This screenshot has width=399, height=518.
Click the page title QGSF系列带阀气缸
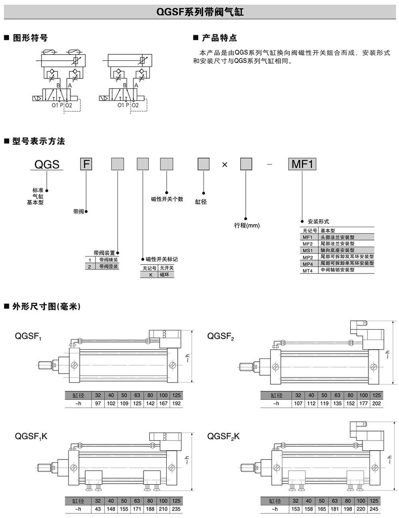pyautogui.click(x=199, y=12)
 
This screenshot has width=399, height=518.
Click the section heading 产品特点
pyautogui.click(x=219, y=38)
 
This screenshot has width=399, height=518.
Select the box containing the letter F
pyautogui.click(x=87, y=164)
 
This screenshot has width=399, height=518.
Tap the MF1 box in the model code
pyautogui.click(x=302, y=164)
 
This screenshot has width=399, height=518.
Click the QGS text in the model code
pyautogui.click(x=47, y=164)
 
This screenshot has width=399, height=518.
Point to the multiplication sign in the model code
pyautogui.click(x=225, y=164)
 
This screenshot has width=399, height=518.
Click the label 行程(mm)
pyautogui.click(x=247, y=225)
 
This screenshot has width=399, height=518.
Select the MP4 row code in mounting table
pyautogui.click(x=308, y=264)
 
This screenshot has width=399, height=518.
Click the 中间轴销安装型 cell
pyautogui.click(x=337, y=270)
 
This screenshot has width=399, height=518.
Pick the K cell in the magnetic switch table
pyautogui.click(x=151, y=275)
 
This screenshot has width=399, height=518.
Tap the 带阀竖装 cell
pyautogui.click(x=108, y=266)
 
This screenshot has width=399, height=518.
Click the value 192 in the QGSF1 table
pyautogui.click(x=176, y=403)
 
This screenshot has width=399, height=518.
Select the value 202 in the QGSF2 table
pyautogui.click(x=376, y=403)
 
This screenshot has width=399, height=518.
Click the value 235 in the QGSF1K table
pyautogui.click(x=176, y=509)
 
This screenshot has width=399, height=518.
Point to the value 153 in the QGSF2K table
pyautogui.click(x=295, y=509)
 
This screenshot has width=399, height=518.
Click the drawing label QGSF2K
pyautogui.click(x=223, y=436)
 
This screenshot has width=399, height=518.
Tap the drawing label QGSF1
pyautogui.click(x=28, y=336)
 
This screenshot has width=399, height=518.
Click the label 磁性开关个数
pyautogui.click(x=167, y=199)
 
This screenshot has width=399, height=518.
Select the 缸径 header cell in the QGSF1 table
pyautogui.click(x=78, y=395)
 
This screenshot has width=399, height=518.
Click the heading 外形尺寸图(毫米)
pyautogui.click(x=46, y=306)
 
